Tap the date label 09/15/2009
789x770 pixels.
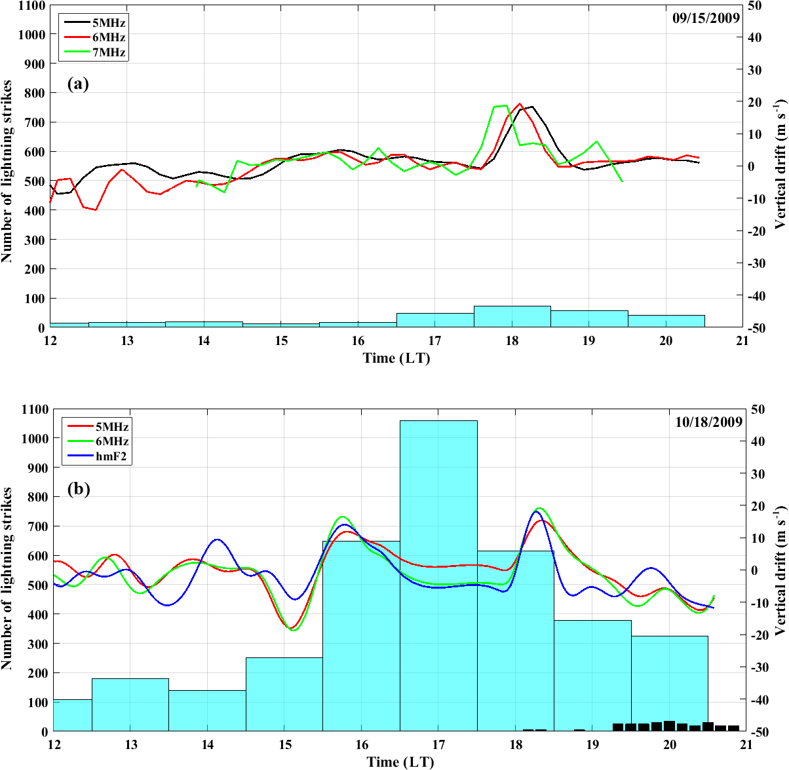tap(706, 18)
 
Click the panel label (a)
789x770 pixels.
tap(78, 84)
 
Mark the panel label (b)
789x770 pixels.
tap(79, 489)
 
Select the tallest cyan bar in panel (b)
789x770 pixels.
tap(438, 576)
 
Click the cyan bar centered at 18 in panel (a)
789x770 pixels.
tap(512, 317)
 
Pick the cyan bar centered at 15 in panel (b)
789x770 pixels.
tap(284, 694)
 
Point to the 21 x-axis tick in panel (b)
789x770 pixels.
tap(746, 744)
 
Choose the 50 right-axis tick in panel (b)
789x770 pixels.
tap(759, 410)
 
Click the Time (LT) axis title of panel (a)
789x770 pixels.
tap(396, 358)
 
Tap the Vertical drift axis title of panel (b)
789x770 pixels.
tap(780, 570)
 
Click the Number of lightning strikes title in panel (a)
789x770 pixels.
tap(8, 172)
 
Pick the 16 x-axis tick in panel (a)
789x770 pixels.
tap(358, 340)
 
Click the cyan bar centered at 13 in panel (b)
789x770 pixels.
tap(130, 705)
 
